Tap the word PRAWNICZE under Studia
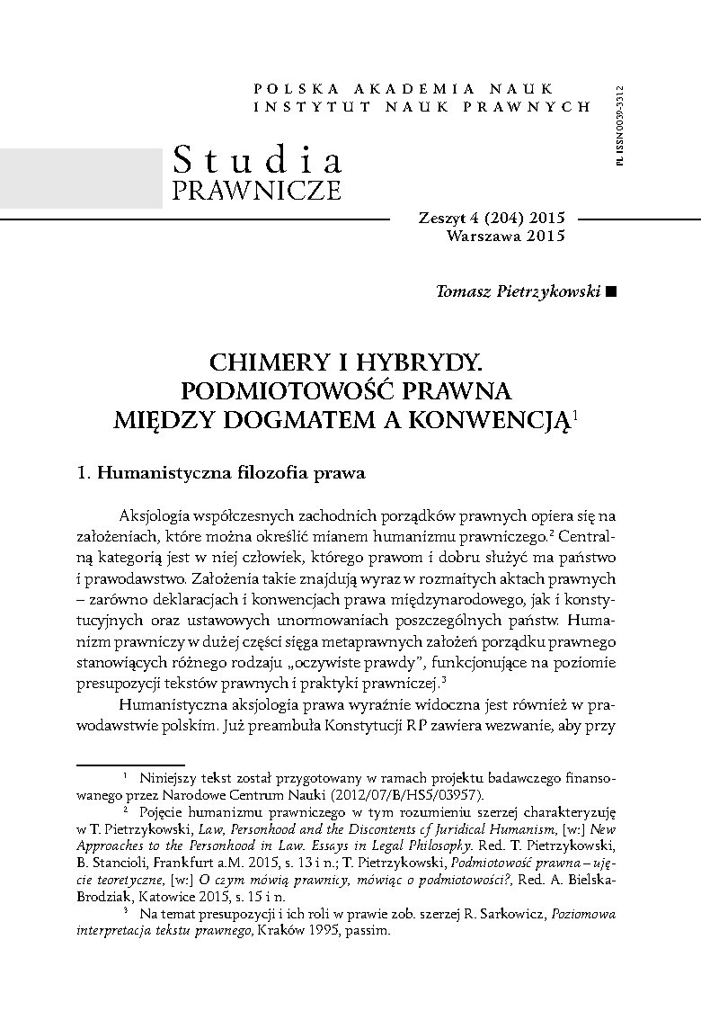(256, 191)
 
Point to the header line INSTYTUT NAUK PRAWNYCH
(422, 106)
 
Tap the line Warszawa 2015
(504, 237)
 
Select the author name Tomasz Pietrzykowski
(518, 292)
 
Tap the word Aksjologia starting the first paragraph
(161, 514)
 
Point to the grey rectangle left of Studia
(81, 177)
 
